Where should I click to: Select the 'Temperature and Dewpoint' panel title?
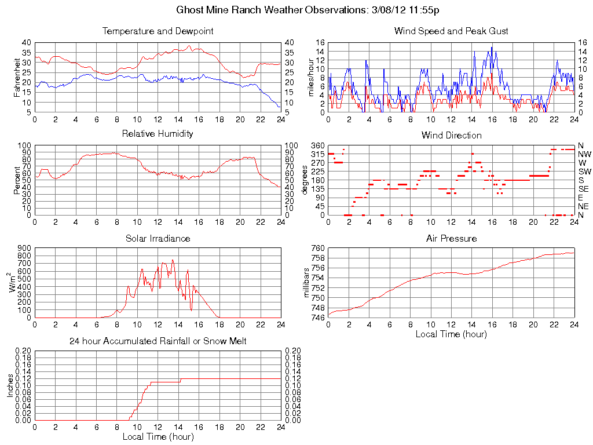tap(158, 31)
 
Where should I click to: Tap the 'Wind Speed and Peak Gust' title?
tap(451, 31)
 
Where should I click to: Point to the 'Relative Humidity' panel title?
tap(158, 134)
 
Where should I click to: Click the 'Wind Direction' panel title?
tap(451, 136)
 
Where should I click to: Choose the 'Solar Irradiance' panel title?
tap(158, 238)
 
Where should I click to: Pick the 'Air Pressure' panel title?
tap(451, 238)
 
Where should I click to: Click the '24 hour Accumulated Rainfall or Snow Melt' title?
tap(158, 341)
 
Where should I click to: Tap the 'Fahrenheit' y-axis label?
tap(17, 77)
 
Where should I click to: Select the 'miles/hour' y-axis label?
tap(310, 77)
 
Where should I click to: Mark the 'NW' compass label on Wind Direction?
tap(584, 154)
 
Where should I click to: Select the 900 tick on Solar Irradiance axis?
tap(25, 248)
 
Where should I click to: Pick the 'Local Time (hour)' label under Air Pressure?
tap(451, 334)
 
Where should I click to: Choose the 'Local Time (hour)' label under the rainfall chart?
tap(158, 436)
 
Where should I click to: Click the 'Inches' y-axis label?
tap(10, 385)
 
